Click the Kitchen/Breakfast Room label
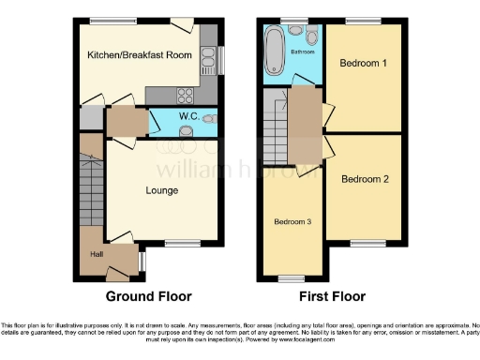click(x=140, y=55)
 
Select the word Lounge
click(x=161, y=190)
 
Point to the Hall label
click(x=96, y=254)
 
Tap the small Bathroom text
click(x=303, y=52)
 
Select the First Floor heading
click(x=332, y=296)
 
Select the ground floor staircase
click(x=91, y=187)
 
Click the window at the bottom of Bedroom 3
click(x=292, y=278)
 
